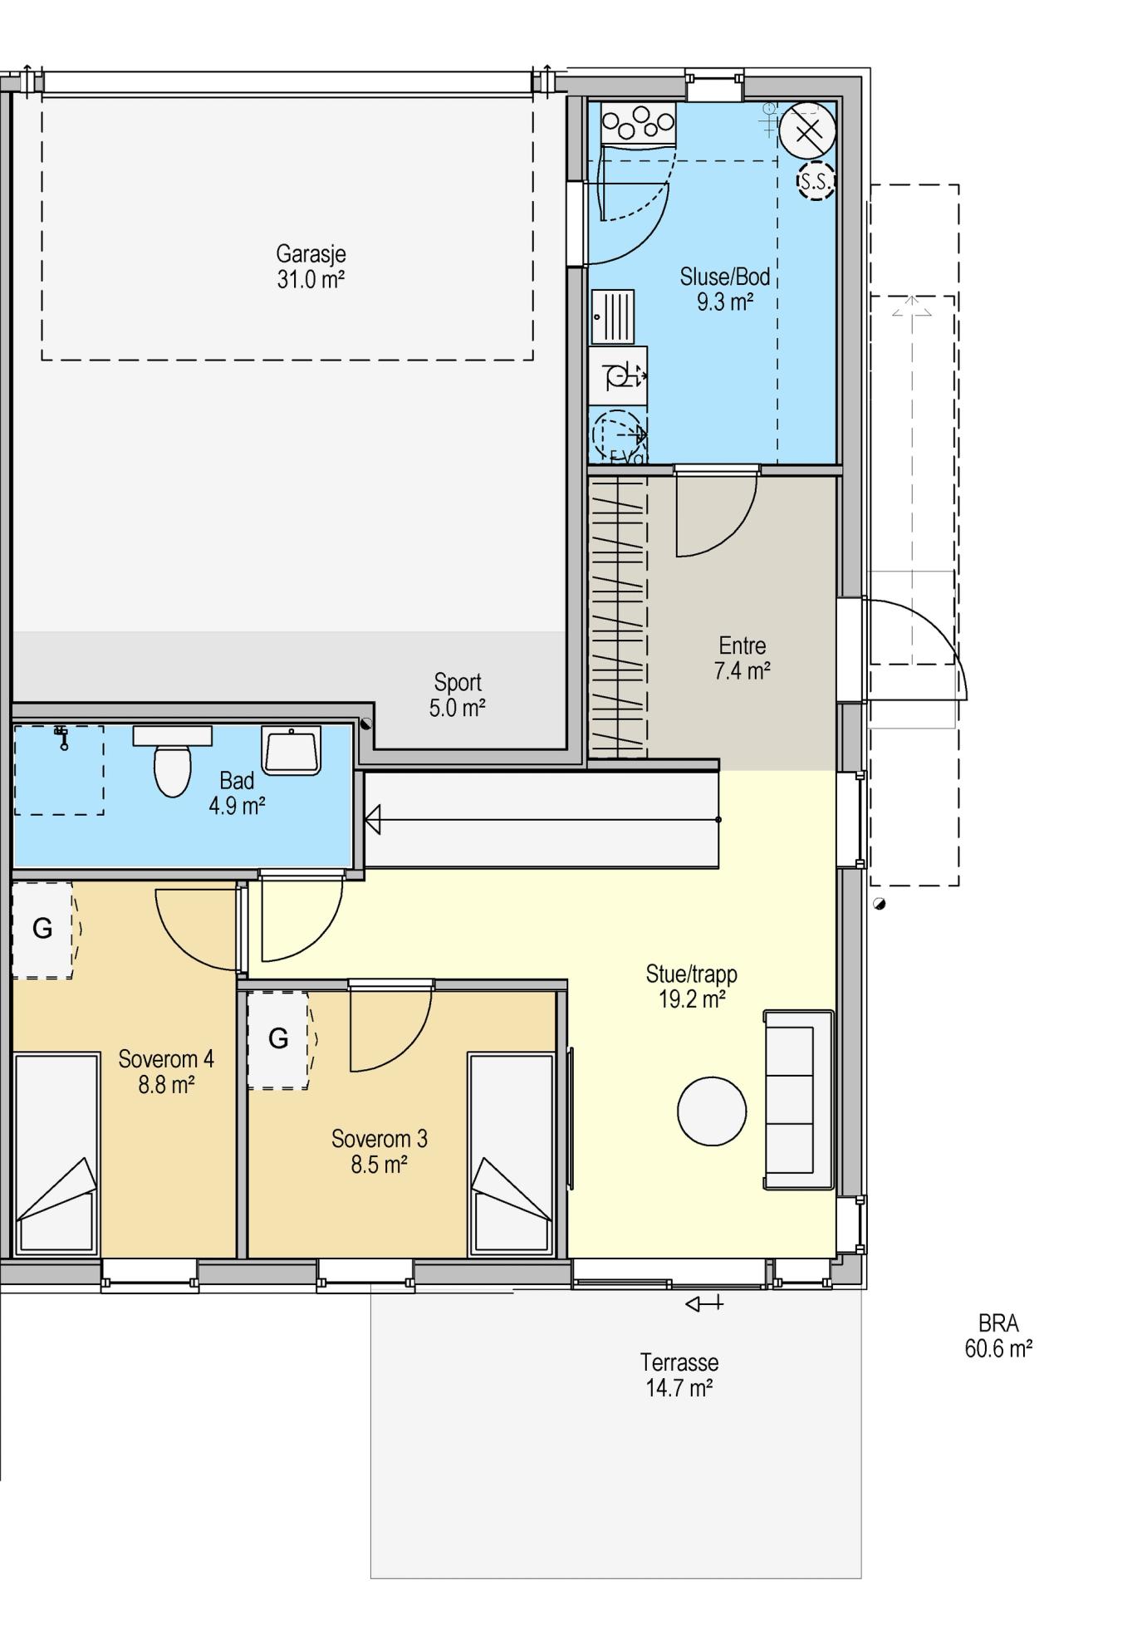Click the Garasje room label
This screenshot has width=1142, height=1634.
(311, 253)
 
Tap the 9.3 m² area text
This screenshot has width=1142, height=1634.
(725, 302)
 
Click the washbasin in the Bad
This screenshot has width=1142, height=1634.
(291, 750)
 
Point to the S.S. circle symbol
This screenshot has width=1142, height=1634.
(816, 182)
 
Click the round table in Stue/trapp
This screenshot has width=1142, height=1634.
(712, 1111)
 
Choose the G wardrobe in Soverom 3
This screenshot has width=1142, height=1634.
(279, 1038)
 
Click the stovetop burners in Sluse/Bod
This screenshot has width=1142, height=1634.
(638, 122)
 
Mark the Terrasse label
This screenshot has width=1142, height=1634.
(679, 1362)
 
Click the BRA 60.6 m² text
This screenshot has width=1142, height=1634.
(998, 1336)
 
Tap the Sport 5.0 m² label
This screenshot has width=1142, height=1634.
(458, 694)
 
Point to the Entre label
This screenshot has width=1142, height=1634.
(743, 645)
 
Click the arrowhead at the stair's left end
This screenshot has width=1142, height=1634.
(372, 820)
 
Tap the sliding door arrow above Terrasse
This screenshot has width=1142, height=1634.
(704, 1304)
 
